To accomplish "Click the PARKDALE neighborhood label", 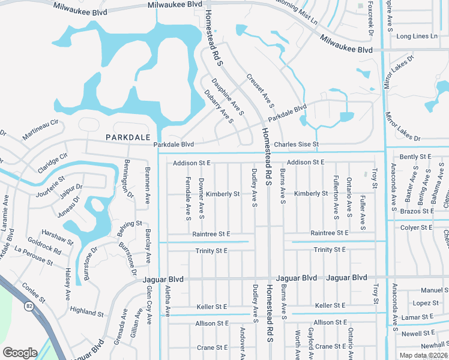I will (127, 137).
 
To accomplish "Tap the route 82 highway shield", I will (29, 305).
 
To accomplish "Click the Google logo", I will (20, 352).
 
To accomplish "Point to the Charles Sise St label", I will (296, 145).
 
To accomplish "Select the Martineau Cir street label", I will (41, 130).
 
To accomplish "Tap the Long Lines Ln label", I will (417, 37).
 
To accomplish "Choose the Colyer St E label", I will (417, 228).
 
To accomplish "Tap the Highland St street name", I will (86, 311).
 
